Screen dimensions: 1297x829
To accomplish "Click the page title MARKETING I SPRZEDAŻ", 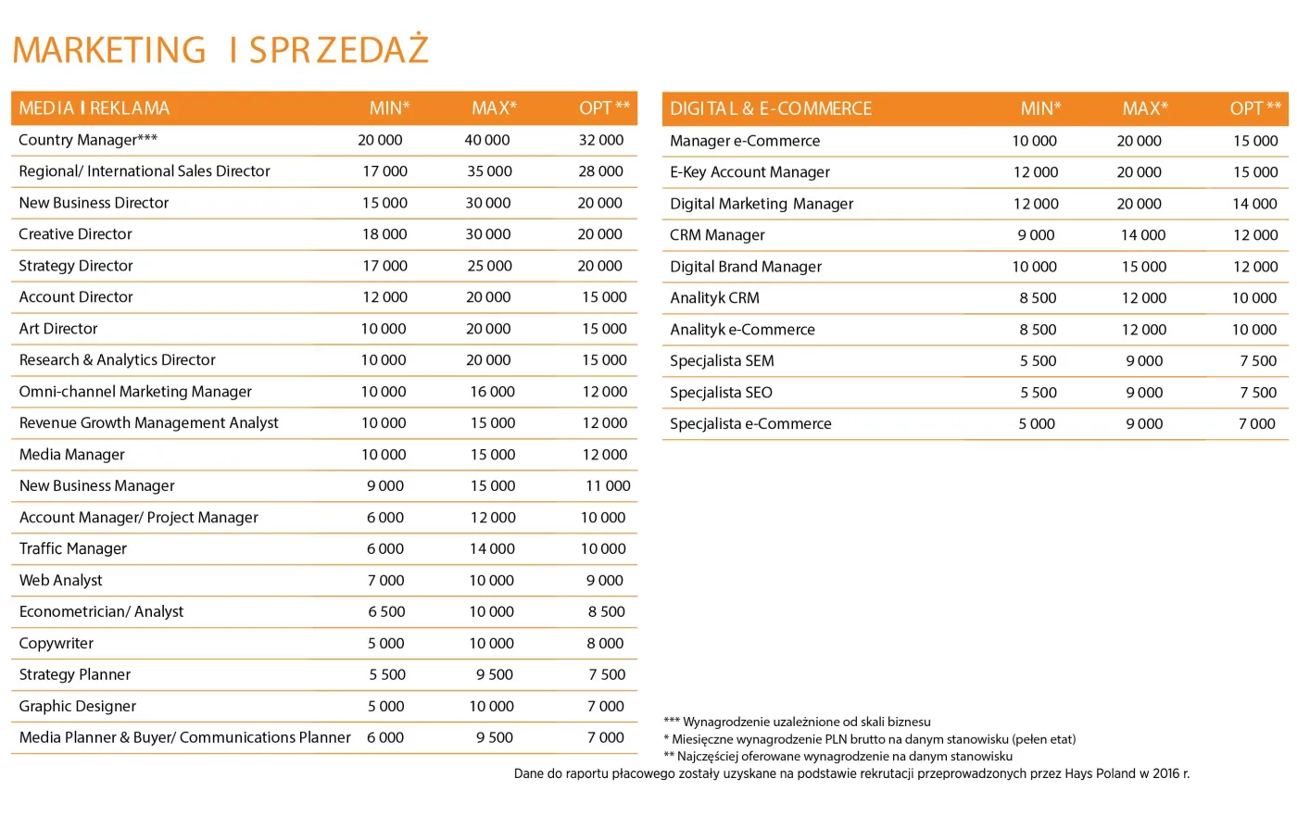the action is click(220, 50).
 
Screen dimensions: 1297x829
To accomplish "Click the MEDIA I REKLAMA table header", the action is click(94, 108).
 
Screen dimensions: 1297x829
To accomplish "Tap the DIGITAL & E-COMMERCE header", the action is click(771, 108).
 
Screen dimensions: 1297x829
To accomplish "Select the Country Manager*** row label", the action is click(88, 140).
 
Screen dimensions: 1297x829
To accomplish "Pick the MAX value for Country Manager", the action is click(487, 140).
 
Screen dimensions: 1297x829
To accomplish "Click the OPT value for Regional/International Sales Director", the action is click(600, 171).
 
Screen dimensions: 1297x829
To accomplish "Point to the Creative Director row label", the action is click(76, 234).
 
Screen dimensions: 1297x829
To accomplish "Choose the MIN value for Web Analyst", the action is click(385, 580).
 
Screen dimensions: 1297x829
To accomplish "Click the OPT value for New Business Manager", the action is click(608, 485).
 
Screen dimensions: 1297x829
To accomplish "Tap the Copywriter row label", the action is click(57, 643).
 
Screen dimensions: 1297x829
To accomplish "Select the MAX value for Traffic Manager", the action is click(492, 548).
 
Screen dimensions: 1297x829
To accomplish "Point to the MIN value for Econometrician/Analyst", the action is click(386, 611).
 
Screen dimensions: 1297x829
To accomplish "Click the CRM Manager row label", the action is click(717, 235).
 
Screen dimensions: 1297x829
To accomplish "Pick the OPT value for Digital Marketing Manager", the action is click(1254, 204).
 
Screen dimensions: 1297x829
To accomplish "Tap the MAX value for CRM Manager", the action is click(1143, 235).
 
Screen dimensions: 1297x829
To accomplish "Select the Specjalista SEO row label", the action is click(721, 393).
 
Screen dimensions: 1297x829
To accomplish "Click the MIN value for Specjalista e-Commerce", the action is click(1037, 423).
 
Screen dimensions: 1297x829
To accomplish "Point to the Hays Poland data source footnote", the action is click(851, 773).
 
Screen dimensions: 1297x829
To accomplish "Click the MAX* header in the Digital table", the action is click(1145, 108).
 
